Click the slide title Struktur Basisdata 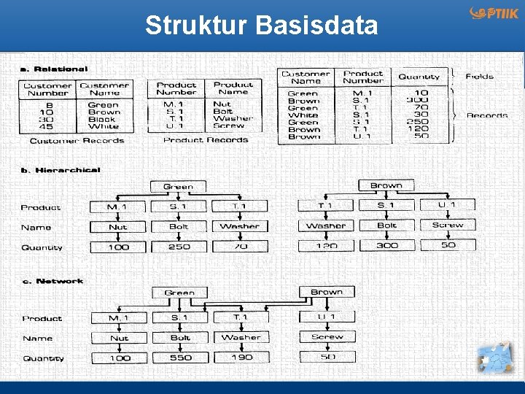(262, 26)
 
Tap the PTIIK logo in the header (494, 13)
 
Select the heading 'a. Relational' (53, 69)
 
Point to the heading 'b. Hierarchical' (61, 170)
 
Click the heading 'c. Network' (52, 281)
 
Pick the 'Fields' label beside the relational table (479, 76)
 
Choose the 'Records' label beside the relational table (486, 115)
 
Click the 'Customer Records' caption (77, 140)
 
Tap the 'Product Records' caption (206, 139)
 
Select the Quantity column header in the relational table (419, 77)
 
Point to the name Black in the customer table (102, 119)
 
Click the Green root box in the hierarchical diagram (179, 186)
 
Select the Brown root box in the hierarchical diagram (386, 185)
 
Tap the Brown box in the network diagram (327, 292)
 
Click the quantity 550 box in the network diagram (180, 358)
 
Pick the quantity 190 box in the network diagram (241, 358)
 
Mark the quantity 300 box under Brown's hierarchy (386, 245)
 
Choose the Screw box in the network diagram (327, 337)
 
